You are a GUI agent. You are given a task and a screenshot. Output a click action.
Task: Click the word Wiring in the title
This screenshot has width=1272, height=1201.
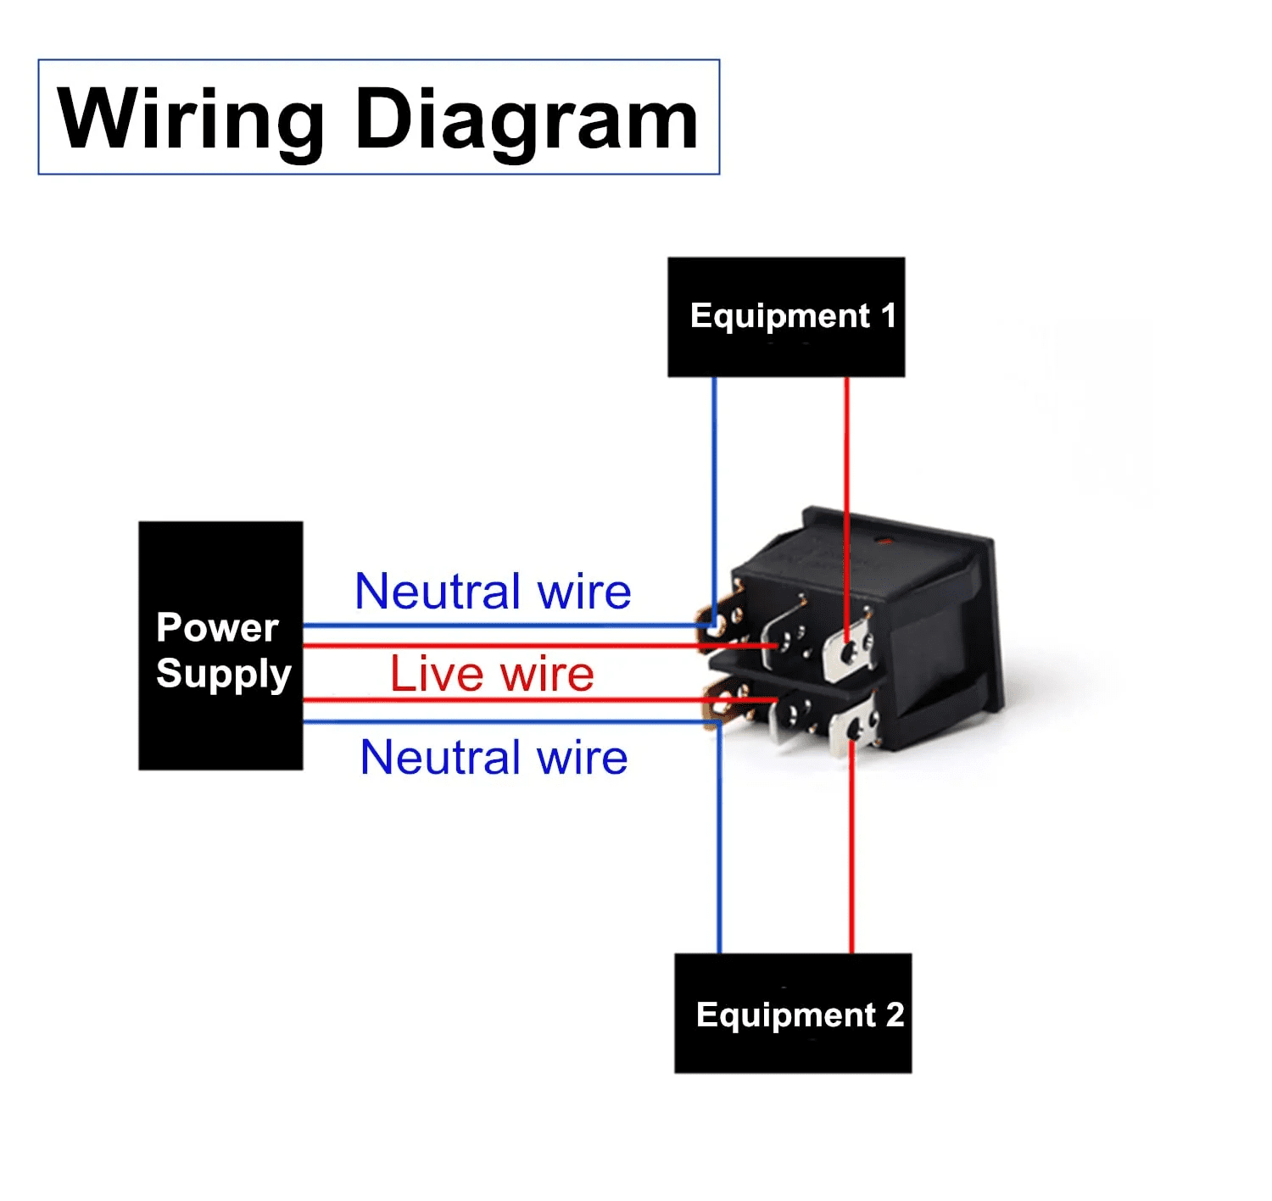coord(191,120)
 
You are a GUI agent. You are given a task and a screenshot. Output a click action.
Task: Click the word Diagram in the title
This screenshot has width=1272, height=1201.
coord(526,120)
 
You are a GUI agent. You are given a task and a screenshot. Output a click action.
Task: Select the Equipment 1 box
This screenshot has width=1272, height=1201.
coord(786,317)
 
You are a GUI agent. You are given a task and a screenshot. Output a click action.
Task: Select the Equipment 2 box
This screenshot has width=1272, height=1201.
coord(793,1013)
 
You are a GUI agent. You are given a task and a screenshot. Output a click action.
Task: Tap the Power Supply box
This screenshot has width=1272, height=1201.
coord(220,646)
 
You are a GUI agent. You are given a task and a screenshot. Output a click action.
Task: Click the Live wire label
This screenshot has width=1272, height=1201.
coord(492,674)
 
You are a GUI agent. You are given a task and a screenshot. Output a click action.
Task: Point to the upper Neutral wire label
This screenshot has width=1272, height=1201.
coord(493,591)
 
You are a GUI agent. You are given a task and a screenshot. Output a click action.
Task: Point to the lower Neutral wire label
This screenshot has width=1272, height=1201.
coord(494,757)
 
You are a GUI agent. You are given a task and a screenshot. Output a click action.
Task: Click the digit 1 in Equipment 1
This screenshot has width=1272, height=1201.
coord(888,316)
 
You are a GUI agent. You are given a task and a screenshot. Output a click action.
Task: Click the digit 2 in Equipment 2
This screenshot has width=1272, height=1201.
coord(895,1015)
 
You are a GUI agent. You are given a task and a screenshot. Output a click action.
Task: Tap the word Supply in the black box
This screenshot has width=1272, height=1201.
coord(224,674)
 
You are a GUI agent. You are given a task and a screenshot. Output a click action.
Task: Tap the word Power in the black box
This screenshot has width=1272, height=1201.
coord(217,628)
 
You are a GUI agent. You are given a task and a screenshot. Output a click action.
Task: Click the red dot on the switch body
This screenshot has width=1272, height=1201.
coord(885,540)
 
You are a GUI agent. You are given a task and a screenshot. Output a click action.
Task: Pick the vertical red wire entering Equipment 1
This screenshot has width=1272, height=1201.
coord(846,449)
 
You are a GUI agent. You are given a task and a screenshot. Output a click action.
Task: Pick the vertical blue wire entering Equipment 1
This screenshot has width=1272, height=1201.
coord(714,475)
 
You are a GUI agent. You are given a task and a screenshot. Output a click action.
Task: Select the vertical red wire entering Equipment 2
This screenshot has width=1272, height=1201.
coord(851,856)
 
